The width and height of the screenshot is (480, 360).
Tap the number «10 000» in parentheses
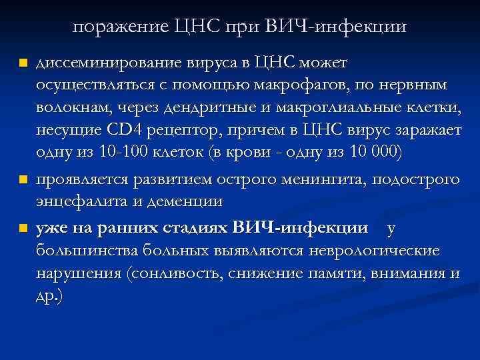[366, 154]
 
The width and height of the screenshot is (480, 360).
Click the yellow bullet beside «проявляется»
[24, 180]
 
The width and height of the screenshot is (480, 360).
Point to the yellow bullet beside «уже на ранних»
[24, 229]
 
